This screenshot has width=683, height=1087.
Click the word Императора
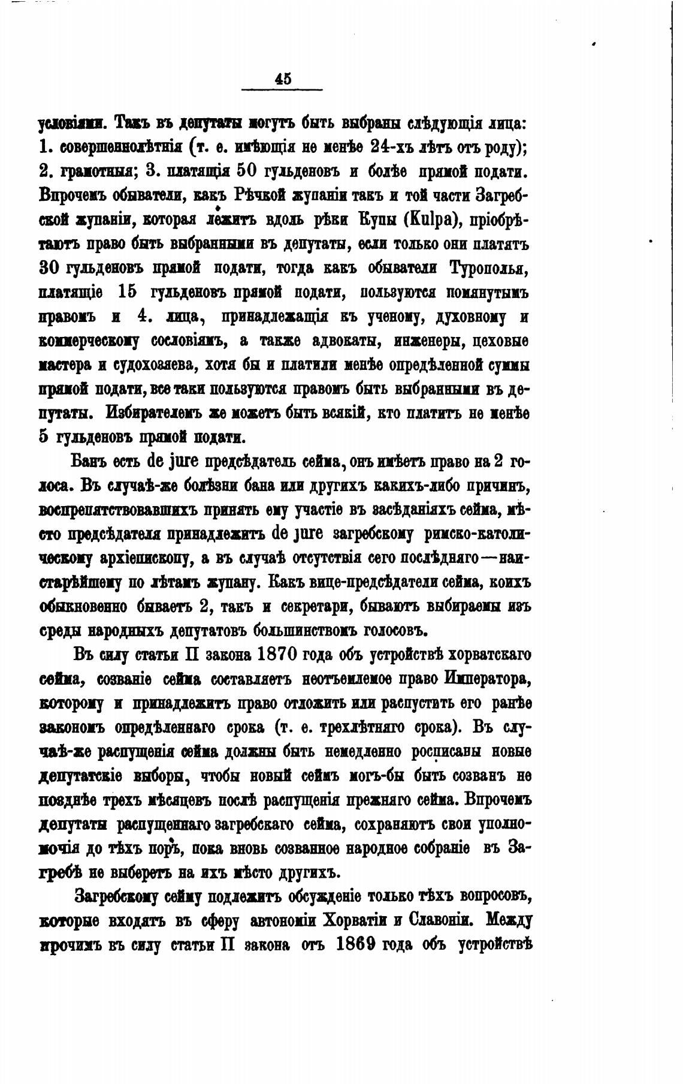point(488,679)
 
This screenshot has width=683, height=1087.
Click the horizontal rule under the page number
point(282,91)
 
